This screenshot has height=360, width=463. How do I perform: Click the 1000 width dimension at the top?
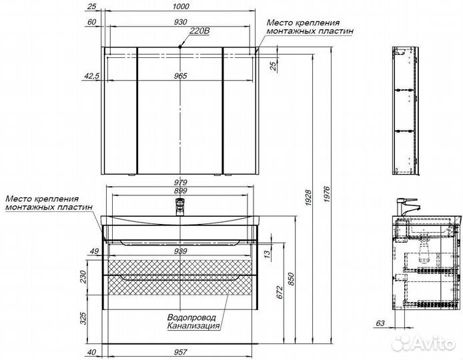tap(181, 7)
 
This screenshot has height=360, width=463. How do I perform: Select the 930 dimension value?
tap(181, 22)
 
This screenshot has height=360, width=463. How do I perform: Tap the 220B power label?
tap(199, 31)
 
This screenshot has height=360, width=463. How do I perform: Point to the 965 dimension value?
tap(180, 76)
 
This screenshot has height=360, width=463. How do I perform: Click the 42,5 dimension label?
tap(92, 76)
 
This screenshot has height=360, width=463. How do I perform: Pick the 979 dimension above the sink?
tap(180, 183)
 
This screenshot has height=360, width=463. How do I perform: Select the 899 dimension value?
tap(180, 191)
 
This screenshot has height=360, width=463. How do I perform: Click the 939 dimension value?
tap(180, 251)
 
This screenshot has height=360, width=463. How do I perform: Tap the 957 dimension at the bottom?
tap(180, 352)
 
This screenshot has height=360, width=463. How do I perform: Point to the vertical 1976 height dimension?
tap(327, 195)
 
